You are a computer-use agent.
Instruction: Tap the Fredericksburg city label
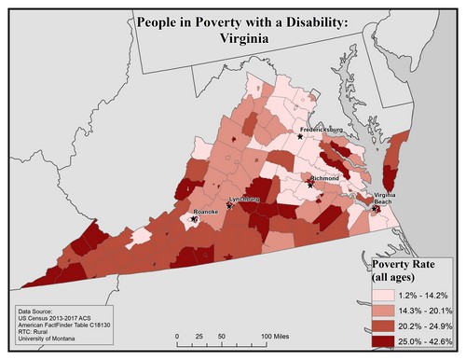tap(322, 129)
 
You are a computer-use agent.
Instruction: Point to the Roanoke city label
tap(205, 212)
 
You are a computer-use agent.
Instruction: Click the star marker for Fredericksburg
tap(299, 136)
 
